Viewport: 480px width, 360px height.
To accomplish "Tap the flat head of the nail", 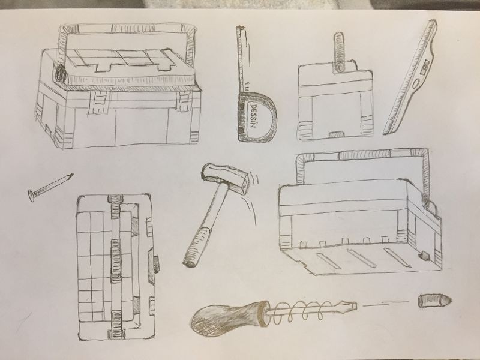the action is (31, 196).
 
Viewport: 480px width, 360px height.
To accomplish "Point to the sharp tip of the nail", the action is (73, 174).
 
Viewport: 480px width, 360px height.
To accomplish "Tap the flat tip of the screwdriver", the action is (355, 305).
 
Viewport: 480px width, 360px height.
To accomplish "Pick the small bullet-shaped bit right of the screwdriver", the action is (434, 301).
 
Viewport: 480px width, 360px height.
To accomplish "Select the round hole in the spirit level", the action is (416, 83).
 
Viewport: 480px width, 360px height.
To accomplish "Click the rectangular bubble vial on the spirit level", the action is (425, 67).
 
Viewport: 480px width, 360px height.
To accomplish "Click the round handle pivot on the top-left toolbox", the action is (61, 73).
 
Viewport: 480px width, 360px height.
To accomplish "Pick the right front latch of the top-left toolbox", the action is (184, 100).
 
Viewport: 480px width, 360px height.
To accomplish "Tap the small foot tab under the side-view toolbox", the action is (336, 134).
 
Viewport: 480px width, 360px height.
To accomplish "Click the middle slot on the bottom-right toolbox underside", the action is (363, 257).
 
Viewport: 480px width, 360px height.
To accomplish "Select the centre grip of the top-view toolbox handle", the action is (116, 260).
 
